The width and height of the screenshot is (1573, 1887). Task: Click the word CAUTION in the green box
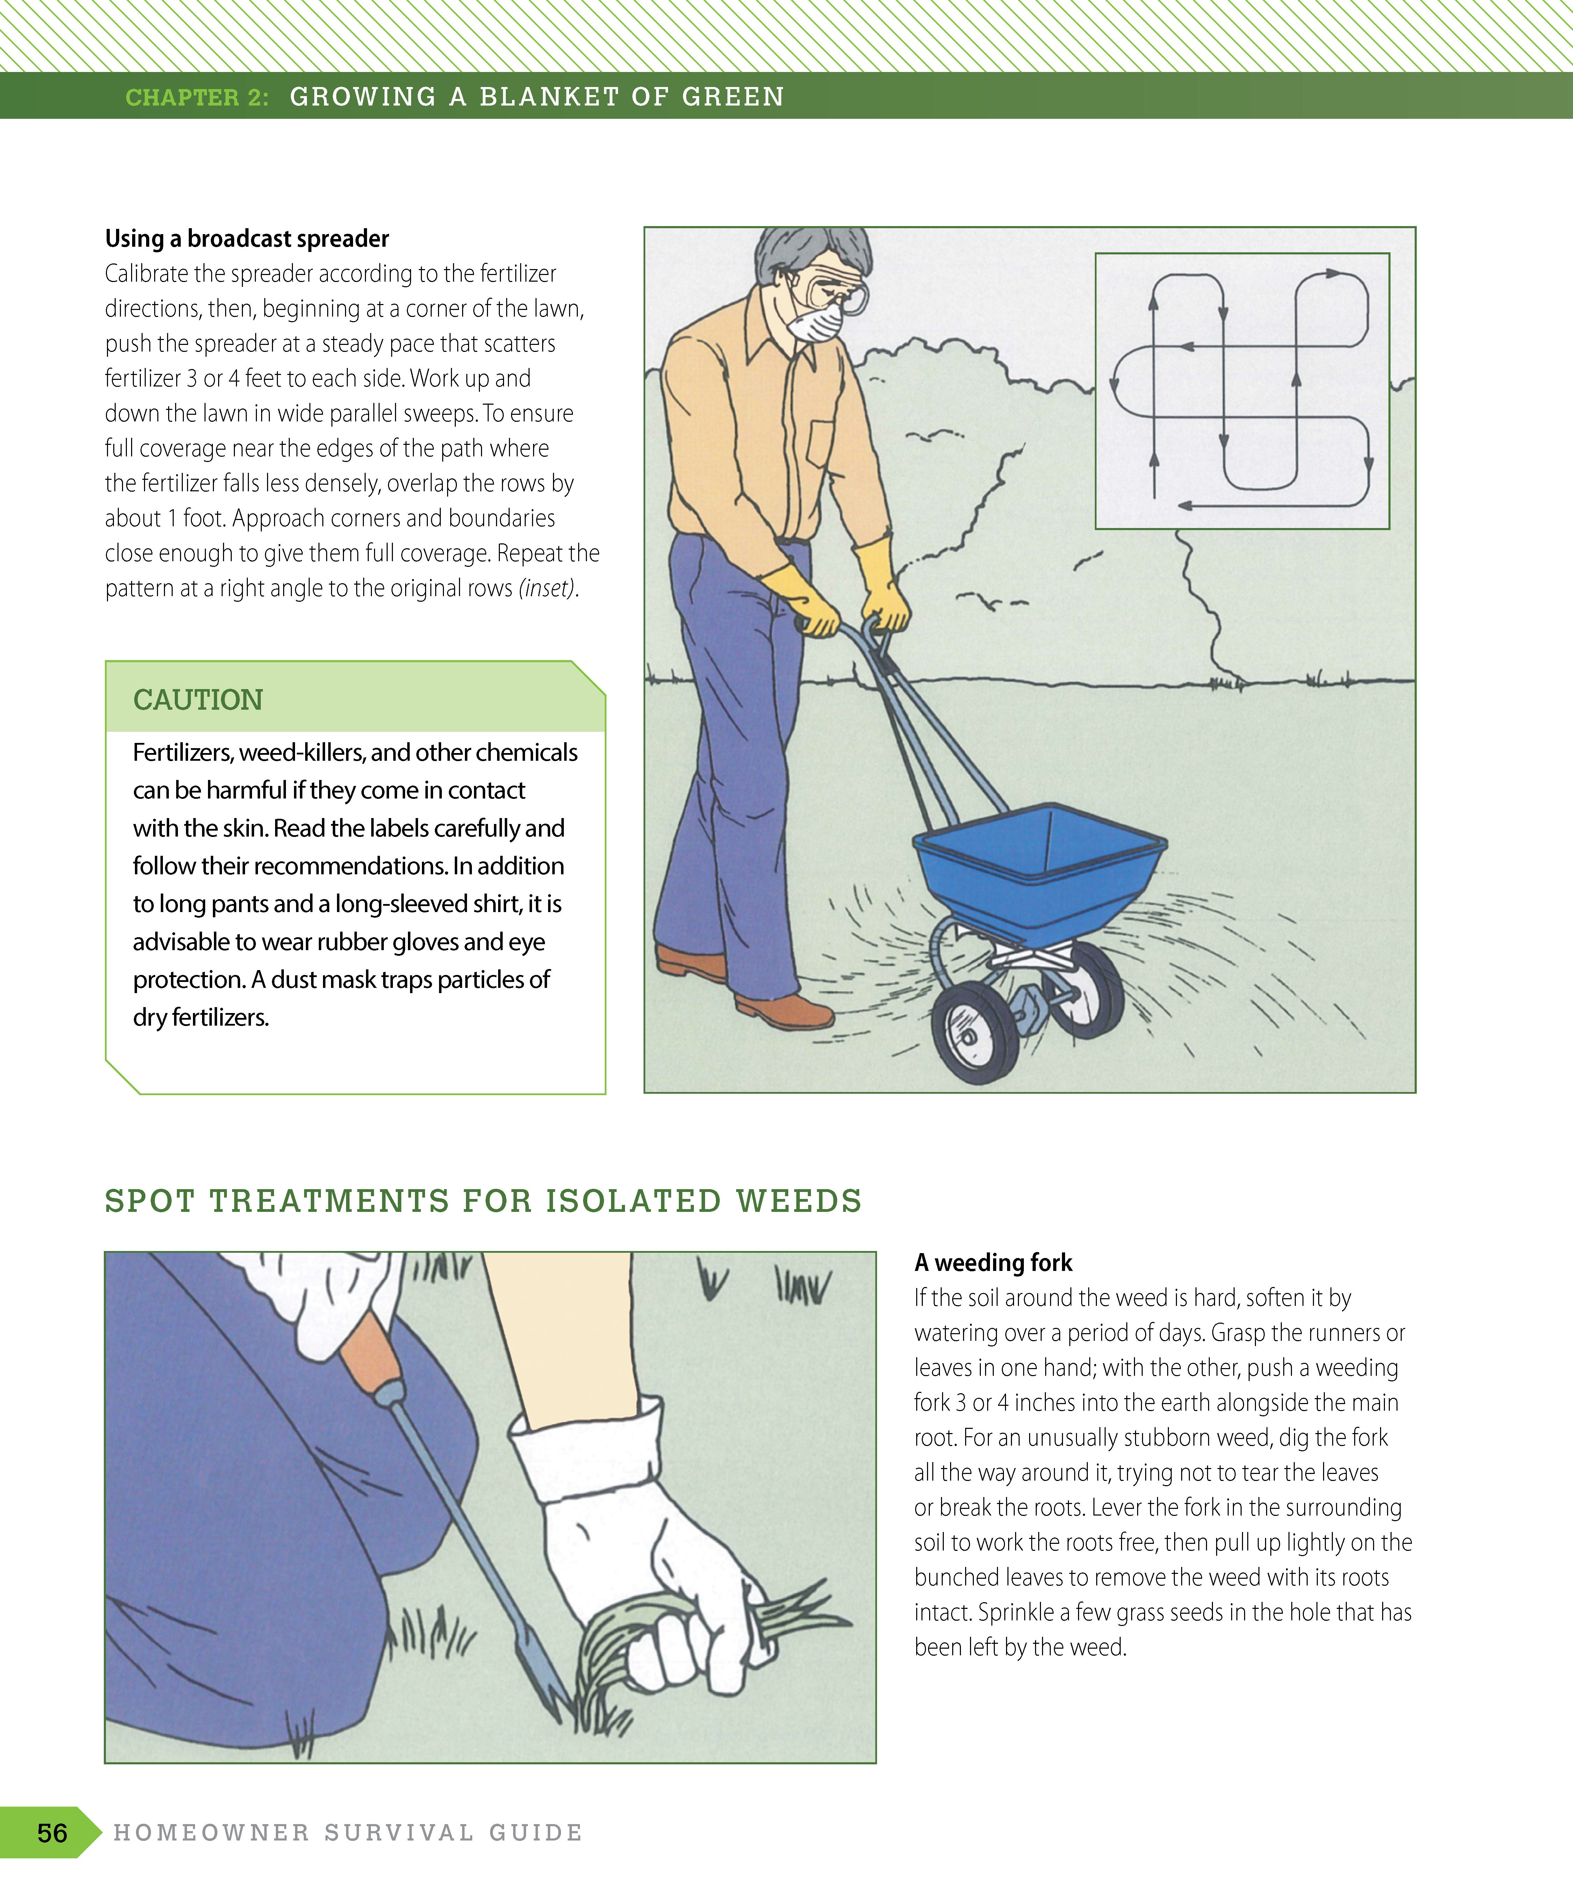click(x=198, y=700)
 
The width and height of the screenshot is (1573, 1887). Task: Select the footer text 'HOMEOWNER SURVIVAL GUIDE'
click(x=348, y=1832)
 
